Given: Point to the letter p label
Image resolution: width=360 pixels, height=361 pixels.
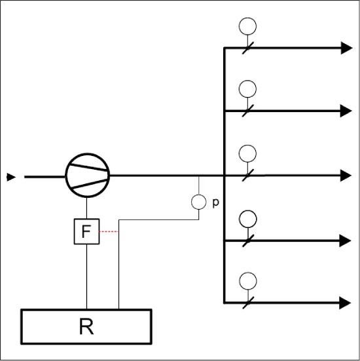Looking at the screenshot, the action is click(x=215, y=203).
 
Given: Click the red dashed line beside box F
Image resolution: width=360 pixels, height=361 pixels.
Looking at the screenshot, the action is click(x=109, y=231).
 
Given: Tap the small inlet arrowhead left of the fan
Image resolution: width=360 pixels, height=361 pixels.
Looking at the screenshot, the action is click(x=11, y=177).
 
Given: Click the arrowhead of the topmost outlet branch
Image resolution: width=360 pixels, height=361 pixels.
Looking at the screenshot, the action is click(x=346, y=48).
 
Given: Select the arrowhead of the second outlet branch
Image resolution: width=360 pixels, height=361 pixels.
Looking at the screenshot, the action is click(x=346, y=111).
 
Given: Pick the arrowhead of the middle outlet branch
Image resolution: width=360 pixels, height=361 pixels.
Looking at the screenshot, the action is click(x=346, y=176).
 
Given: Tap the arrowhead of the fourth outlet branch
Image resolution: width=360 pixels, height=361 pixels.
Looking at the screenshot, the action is click(x=346, y=241).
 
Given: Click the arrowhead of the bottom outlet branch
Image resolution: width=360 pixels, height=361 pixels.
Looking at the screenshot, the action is click(x=346, y=303).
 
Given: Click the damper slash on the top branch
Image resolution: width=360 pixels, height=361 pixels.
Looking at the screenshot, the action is click(x=248, y=48).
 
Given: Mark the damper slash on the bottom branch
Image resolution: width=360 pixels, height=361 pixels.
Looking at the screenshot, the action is click(x=248, y=303).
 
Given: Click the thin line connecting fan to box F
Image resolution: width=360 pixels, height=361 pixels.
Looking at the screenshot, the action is click(x=86, y=208).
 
